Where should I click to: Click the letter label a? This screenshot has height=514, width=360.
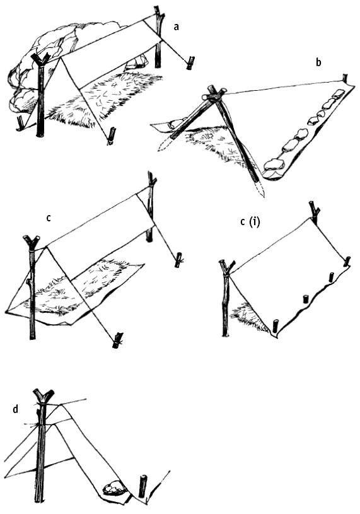177,27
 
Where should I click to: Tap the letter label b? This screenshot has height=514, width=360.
318,62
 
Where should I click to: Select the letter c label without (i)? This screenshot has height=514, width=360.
49,218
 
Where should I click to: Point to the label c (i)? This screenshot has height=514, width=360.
250,222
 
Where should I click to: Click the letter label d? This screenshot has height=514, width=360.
15,409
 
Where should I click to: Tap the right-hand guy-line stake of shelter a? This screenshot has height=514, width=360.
190,62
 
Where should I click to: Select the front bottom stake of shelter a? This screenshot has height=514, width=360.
112,136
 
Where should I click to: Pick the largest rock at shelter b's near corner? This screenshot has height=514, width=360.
274,164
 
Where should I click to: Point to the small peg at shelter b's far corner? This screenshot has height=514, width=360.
345,78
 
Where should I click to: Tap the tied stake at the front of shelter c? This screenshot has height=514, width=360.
117,341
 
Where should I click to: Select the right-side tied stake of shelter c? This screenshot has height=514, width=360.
178,260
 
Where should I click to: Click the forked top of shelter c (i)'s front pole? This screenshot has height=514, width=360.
227,266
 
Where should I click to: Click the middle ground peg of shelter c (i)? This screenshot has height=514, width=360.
306,299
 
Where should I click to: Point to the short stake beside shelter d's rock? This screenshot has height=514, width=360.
143,486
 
